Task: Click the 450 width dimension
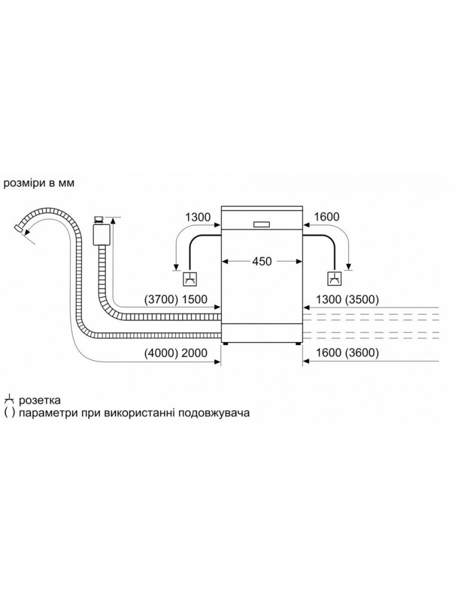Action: (262, 261)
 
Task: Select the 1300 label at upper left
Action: (198, 217)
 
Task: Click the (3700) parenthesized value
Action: (161, 300)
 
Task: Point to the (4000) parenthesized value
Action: (161, 353)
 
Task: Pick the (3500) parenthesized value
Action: (362, 300)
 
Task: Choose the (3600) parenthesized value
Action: (362, 353)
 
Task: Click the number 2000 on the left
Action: (195, 353)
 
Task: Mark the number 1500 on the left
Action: (195, 300)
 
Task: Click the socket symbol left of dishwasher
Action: (190, 279)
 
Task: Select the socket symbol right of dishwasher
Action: (335, 279)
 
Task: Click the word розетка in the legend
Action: (40, 401)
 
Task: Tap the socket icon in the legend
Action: (9, 400)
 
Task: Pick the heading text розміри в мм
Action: (39, 184)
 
